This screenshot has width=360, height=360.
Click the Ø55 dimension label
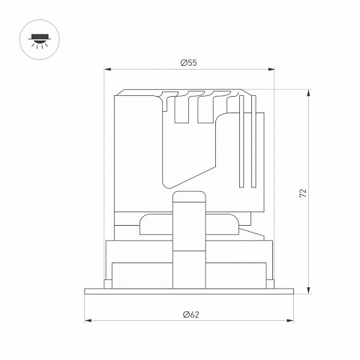189,63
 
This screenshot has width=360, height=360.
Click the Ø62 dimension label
191,314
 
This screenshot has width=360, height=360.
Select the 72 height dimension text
303,193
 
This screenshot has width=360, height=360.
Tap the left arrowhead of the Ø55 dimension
107,69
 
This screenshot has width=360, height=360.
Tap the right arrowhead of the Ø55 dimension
271,69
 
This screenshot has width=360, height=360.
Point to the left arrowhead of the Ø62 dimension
88,320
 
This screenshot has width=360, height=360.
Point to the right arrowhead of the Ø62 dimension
290,320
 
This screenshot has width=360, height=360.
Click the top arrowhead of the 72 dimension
309,93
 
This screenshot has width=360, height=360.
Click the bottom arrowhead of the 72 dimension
309,291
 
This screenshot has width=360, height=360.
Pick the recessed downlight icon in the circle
40,40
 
